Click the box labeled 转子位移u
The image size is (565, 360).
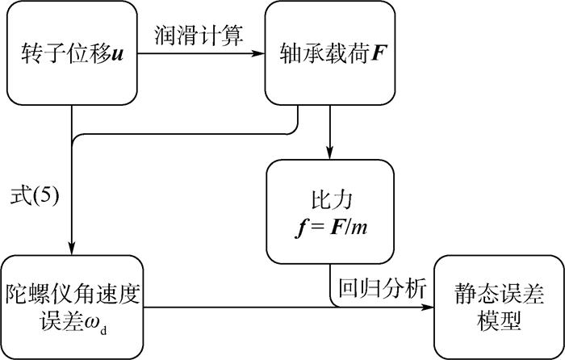71,55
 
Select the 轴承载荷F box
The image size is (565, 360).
330,55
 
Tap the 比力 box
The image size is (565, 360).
330,205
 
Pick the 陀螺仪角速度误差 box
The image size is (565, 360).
71,306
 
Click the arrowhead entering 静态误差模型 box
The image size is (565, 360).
429,307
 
